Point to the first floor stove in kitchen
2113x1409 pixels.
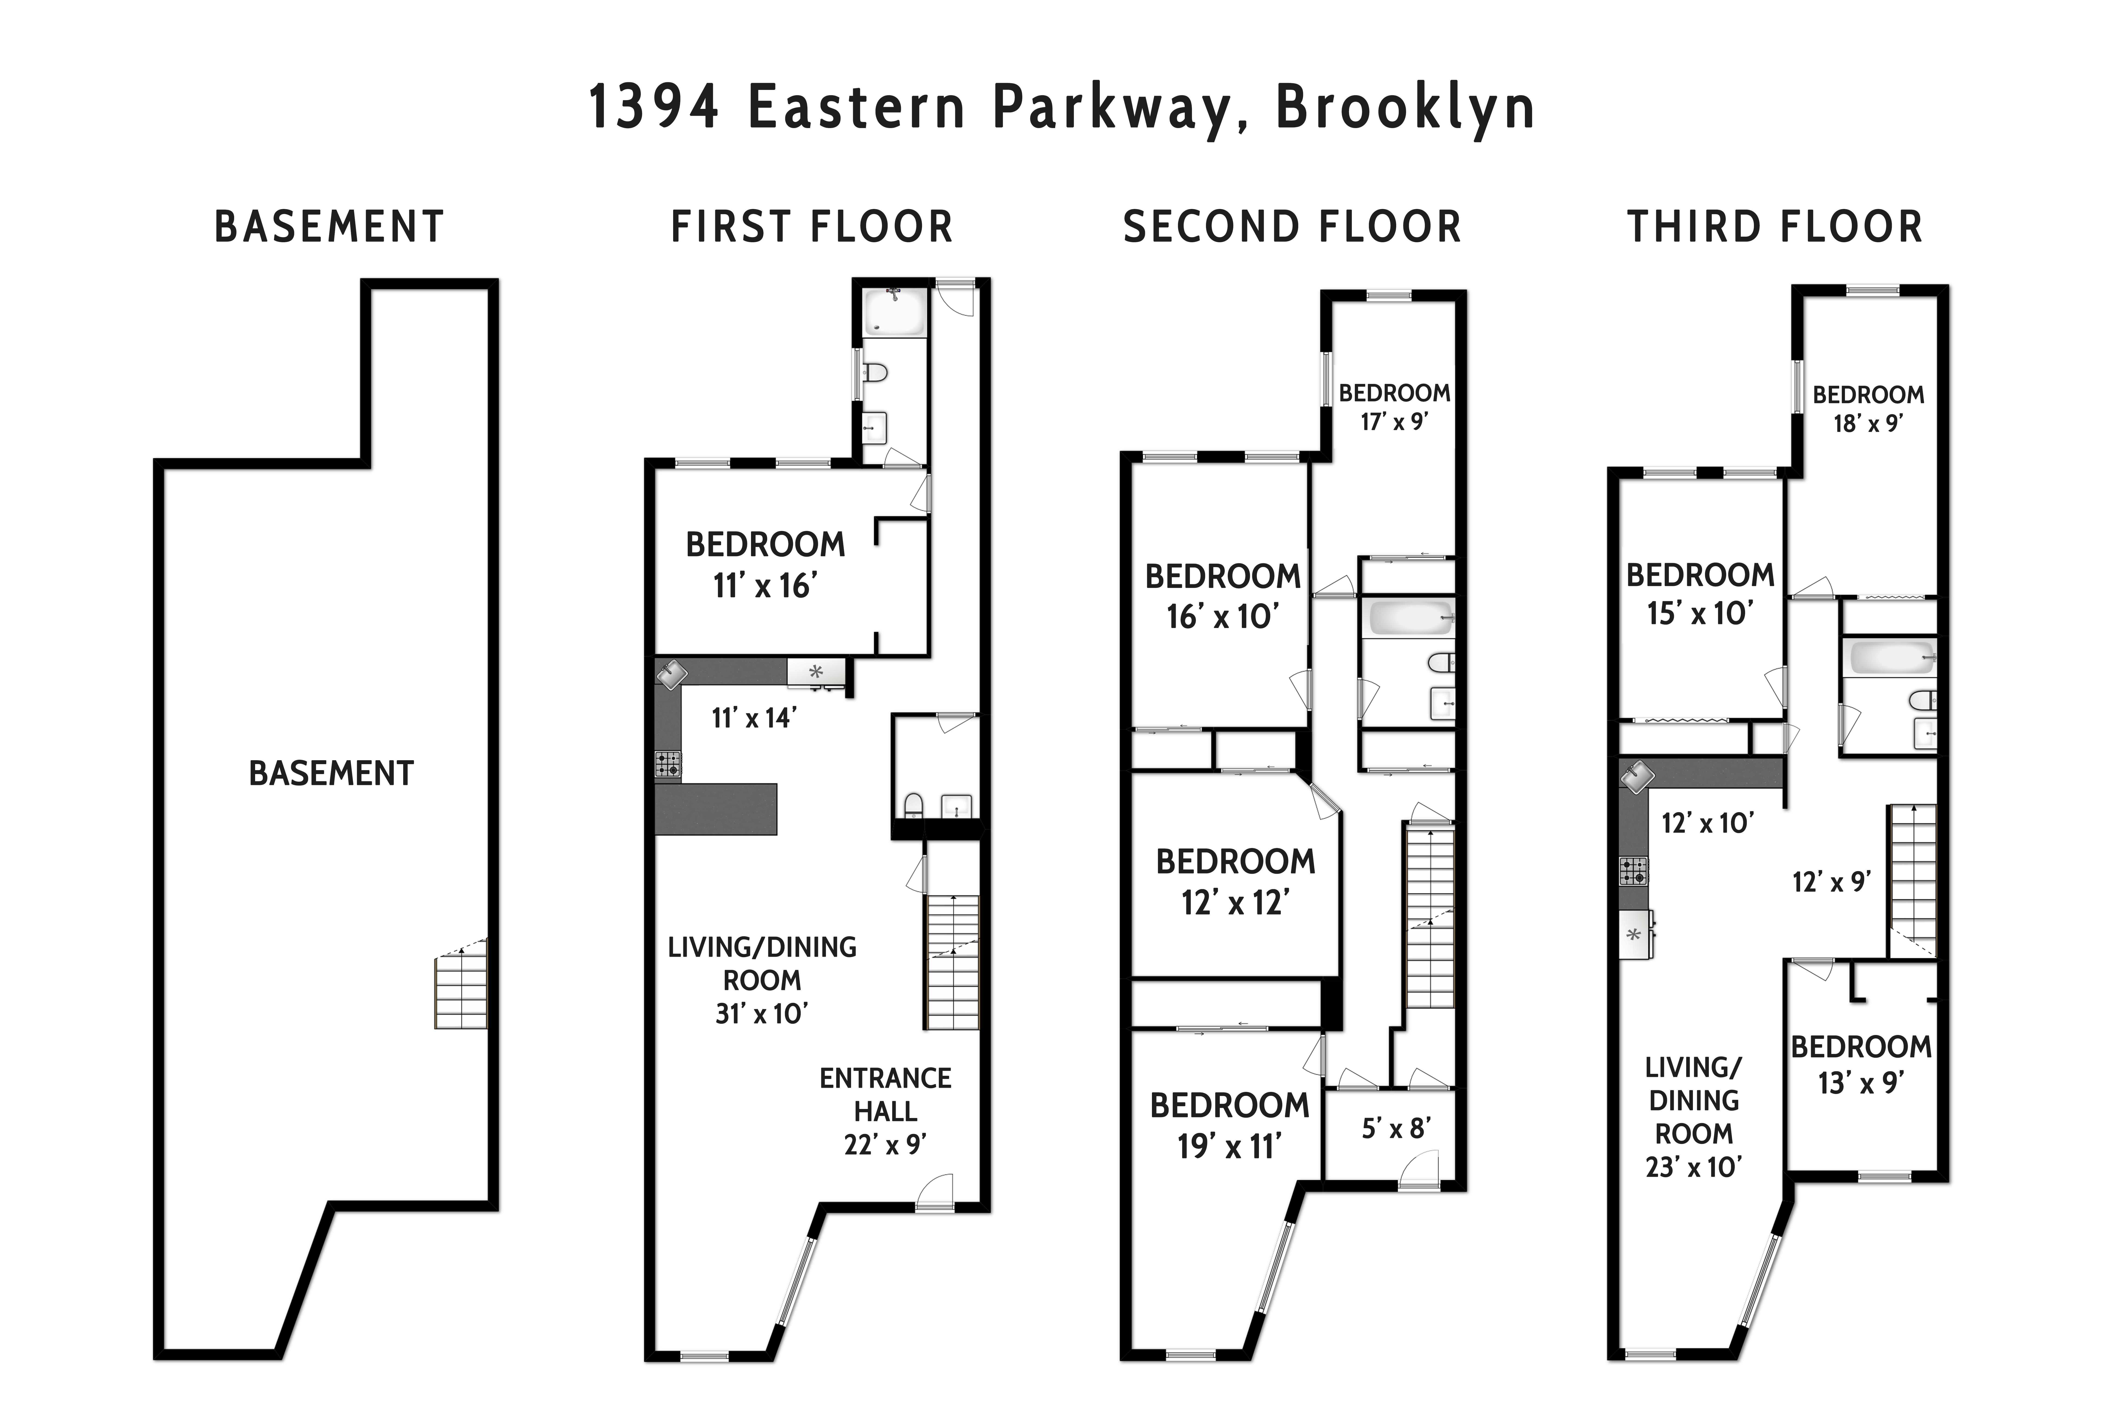point(668,764)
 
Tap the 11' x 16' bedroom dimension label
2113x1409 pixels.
point(764,586)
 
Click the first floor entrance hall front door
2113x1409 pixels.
point(934,1193)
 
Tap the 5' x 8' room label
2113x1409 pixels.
point(1395,1129)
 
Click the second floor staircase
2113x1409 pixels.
point(1429,917)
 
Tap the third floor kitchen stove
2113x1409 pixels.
point(1633,871)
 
